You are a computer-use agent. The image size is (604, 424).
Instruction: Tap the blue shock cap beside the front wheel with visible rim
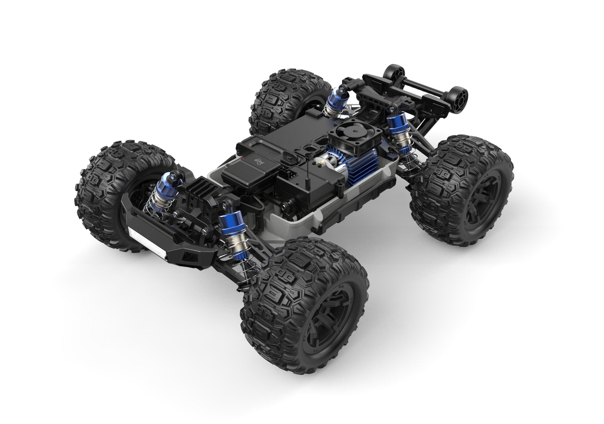coord(229,221)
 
